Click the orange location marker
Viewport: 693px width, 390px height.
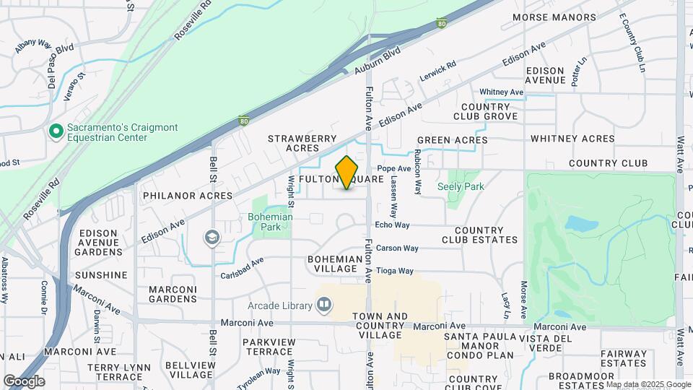click(x=347, y=173)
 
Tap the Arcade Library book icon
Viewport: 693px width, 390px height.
click(x=325, y=305)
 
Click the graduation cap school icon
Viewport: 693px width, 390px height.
click(x=212, y=237)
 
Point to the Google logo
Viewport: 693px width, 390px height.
click(x=24, y=381)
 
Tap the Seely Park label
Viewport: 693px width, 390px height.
click(x=461, y=186)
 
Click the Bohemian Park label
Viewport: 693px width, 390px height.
click(x=271, y=221)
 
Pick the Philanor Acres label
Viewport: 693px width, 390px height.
click(x=188, y=196)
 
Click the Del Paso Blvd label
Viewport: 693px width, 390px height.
click(x=61, y=67)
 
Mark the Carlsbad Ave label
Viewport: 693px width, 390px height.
click(x=243, y=267)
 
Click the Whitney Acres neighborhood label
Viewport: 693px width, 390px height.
click(x=572, y=139)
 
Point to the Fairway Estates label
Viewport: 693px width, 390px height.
click(x=624, y=359)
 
